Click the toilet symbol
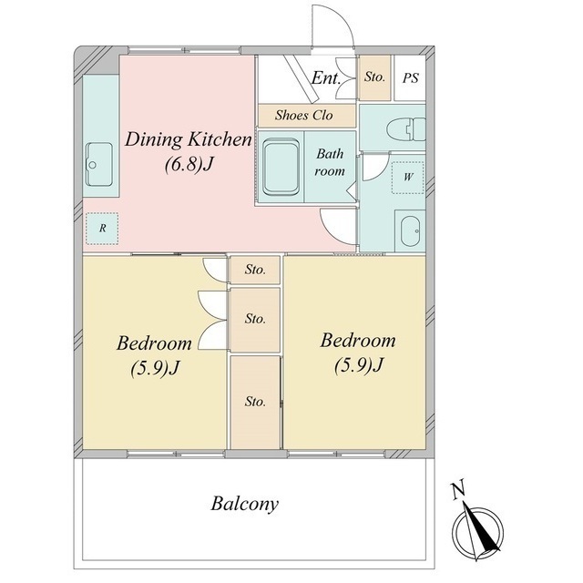coord(405,129)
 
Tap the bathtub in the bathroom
coord(281,167)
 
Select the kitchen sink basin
coord(99,164)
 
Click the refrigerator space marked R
coord(102,229)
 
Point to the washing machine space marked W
coord(408,178)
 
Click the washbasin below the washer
coord(410,230)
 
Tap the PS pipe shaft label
coord(411,78)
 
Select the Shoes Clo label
coord(303,116)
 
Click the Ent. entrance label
coord(326,78)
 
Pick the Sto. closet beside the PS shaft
coord(374,77)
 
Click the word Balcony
coord(245,504)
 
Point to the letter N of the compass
coord(458,490)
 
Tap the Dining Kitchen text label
coord(189,139)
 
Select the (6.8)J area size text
coord(189,164)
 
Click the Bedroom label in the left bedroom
coord(154,343)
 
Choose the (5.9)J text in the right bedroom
coord(358,364)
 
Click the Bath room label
coord(330,162)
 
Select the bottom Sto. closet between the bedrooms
coord(255,403)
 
